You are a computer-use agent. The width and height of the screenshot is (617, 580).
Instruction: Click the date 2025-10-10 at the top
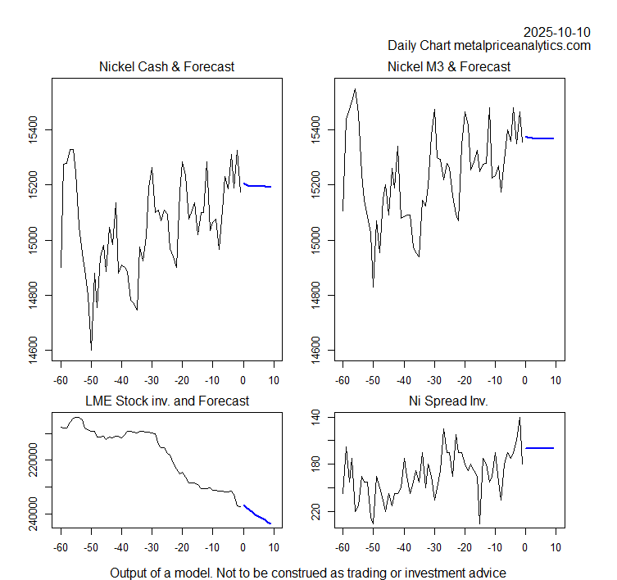point(556,32)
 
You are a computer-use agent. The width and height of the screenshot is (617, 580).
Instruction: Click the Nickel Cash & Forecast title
point(166,66)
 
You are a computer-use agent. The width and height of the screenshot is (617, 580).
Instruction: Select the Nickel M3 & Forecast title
point(449,66)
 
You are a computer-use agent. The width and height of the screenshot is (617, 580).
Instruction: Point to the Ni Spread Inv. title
point(449,401)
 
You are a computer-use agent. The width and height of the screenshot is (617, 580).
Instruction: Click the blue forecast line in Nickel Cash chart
point(257,186)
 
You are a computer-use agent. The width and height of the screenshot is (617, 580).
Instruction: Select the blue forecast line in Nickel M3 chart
point(541,138)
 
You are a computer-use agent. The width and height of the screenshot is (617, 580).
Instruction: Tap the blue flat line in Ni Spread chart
point(540,448)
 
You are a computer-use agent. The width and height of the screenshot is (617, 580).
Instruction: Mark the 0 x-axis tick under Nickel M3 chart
point(525,380)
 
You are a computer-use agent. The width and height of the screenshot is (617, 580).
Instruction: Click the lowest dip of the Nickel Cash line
point(91,350)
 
